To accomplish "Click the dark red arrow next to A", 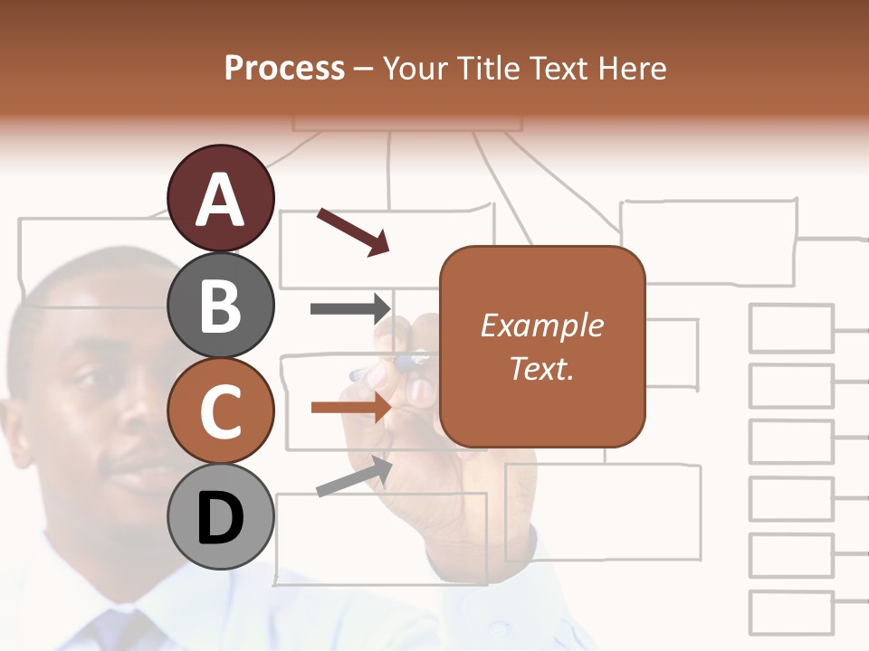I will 353,231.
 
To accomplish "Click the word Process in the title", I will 284,68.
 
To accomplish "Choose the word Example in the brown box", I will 541,325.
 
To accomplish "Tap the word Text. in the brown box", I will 541,368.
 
